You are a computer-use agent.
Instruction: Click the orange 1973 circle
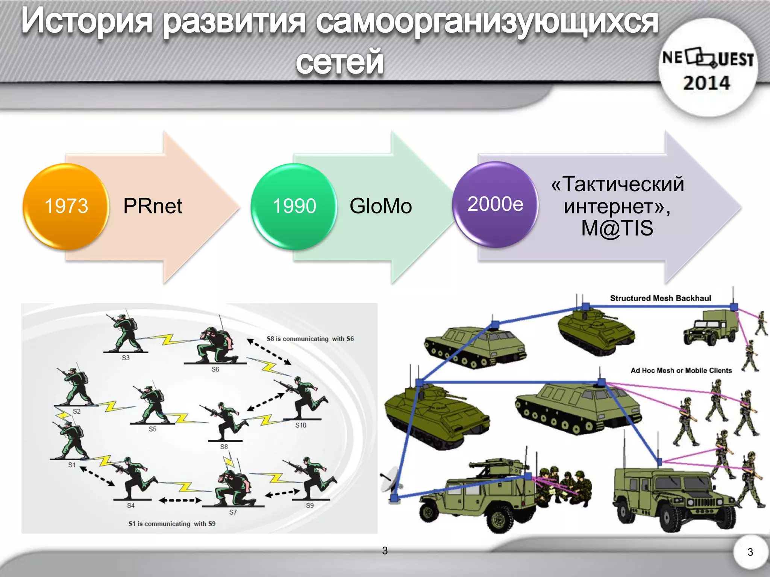(x=66, y=206)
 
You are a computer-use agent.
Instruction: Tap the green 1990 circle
(x=294, y=206)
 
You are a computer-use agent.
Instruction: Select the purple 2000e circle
(x=495, y=204)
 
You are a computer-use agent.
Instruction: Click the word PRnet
(x=153, y=206)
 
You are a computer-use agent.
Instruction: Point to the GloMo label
(x=380, y=206)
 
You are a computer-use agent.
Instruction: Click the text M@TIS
(x=617, y=228)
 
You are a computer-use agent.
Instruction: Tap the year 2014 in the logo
(x=706, y=83)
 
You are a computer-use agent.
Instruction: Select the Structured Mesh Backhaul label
(x=660, y=298)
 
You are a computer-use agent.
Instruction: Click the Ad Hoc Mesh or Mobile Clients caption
(x=681, y=370)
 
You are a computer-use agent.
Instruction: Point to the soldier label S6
(x=215, y=369)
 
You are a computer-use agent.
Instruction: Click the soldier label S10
(x=300, y=425)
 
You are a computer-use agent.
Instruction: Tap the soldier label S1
(x=72, y=465)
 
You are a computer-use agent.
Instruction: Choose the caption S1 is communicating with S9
(x=172, y=524)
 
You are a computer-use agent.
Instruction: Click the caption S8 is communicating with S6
(x=310, y=339)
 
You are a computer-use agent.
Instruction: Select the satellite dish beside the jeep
(x=390, y=479)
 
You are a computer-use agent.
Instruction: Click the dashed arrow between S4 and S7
(x=180, y=500)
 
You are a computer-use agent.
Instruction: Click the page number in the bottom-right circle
(x=750, y=552)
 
